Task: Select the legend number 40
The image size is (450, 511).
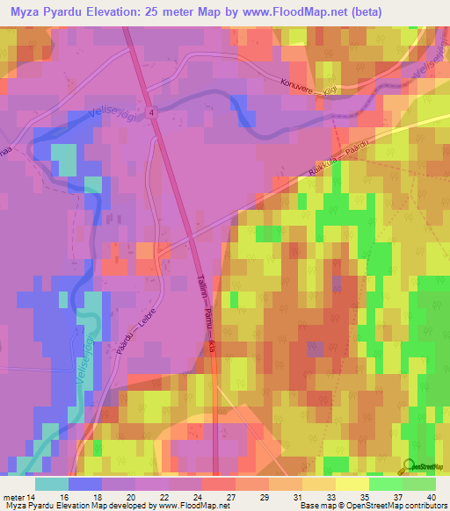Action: (x=431, y=497)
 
